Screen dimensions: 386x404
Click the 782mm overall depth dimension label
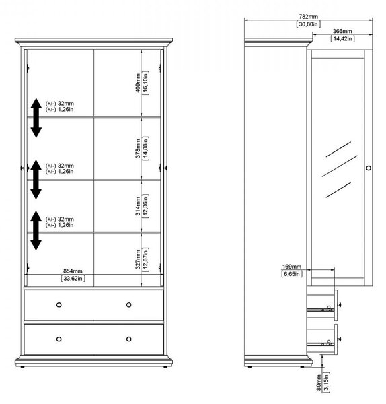[308, 16]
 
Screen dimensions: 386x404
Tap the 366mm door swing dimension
[342, 31]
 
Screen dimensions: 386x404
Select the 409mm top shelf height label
[138, 83]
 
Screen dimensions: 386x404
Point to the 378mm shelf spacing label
[138, 148]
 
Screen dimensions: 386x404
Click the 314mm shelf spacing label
[138, 206]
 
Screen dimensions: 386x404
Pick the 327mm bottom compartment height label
[138, 260]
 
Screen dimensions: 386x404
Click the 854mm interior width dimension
[73, 271]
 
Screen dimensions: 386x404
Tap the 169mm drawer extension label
[292, 267]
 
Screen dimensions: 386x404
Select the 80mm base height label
[319, 382]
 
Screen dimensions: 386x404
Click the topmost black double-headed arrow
[36, 118]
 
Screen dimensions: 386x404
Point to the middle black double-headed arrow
[36, 179]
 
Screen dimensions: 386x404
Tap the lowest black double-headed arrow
[36, 230]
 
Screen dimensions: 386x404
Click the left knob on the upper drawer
[59, 305]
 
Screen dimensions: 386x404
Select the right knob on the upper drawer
[129, 305]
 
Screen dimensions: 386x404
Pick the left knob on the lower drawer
[59, 339]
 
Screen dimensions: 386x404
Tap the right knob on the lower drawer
[129, 339]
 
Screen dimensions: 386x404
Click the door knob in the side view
[369, 168]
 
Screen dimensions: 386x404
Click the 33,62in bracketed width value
[73, 279]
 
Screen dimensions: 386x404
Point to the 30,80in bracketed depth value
[308, 24]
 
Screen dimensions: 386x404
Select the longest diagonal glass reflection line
[340, 166]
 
